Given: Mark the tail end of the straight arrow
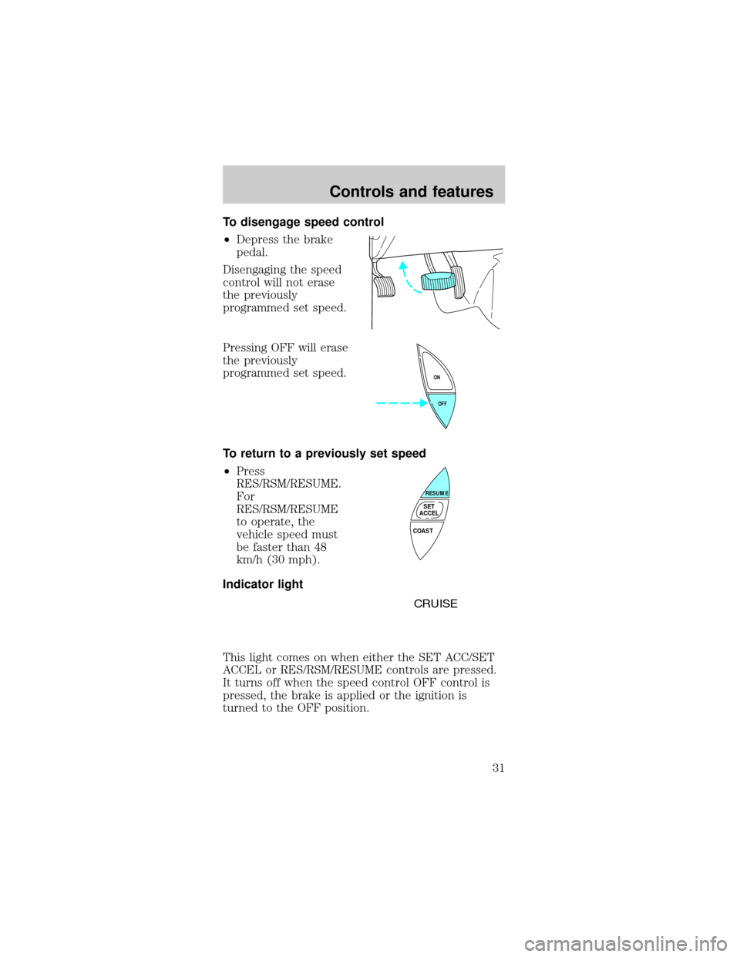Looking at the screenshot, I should tap(375, 402).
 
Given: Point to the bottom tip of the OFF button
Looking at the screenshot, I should tap(445, 428).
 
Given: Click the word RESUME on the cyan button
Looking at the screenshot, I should tap(436, 492).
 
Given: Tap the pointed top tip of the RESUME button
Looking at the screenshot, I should tap(446, 468).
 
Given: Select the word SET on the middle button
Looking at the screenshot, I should tap(429, 506).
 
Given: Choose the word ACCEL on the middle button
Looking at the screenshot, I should tap(429, 513).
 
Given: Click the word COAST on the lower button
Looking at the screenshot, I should tap(422, 531).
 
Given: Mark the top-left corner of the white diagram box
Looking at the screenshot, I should tap(363, 465).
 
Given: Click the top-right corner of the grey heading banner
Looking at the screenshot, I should tap(506, 166).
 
